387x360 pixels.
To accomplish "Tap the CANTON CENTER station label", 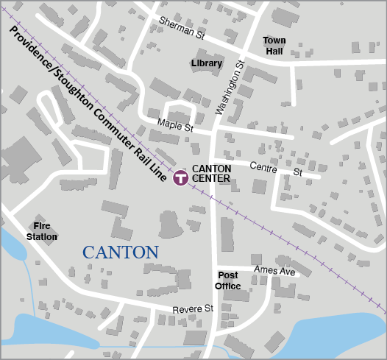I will point(211,173).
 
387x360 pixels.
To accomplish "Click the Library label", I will point(206,64).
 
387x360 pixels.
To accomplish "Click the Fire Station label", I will point(42,231).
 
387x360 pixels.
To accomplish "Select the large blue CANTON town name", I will point(120,253).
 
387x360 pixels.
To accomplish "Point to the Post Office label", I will point(228,280).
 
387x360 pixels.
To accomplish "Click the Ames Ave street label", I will point(274,271).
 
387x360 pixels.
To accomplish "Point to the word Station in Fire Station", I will point(42,237).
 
